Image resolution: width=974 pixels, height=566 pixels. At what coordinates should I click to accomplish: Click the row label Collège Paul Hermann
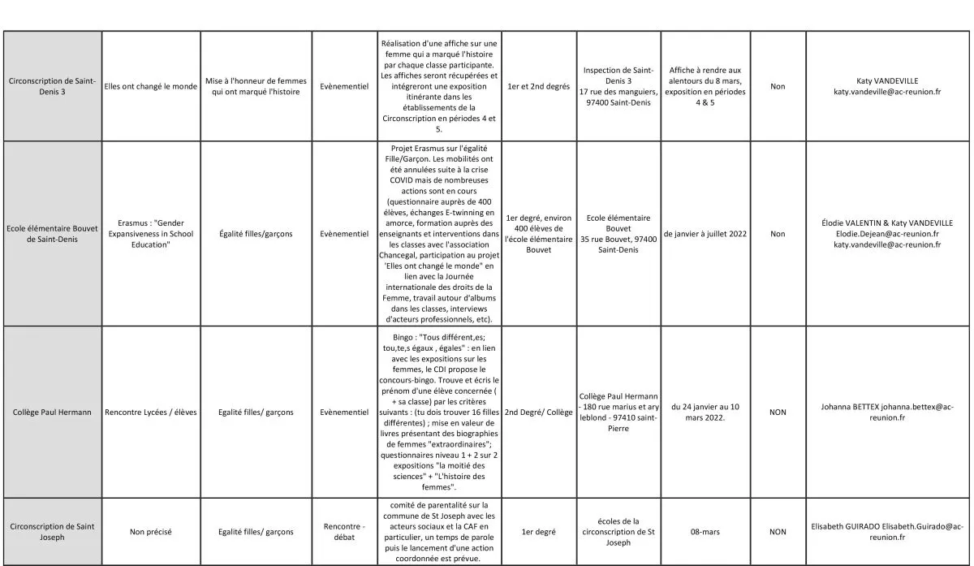tap(52, 413)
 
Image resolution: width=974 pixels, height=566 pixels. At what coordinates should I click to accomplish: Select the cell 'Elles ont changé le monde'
tap(151, 86)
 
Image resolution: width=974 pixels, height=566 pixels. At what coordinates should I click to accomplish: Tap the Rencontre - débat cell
tap(344, 532)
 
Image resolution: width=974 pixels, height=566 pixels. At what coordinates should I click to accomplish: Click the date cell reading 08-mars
tap(705, 532)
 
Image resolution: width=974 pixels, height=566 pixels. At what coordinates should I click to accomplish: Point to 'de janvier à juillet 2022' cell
tap(705, 234)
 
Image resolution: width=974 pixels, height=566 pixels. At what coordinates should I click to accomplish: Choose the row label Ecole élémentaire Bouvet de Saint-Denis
tap(52, 234)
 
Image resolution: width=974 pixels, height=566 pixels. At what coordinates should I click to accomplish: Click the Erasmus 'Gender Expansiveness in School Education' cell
tap(151, 234)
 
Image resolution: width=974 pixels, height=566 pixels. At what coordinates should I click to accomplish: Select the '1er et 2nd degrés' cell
tap(538, 86)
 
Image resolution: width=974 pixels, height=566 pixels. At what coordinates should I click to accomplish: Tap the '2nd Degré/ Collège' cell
tap(538, 413)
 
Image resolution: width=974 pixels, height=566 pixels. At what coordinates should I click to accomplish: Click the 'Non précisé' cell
tap(151, 532)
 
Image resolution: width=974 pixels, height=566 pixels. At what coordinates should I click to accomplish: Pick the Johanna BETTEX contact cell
tap(887, 413)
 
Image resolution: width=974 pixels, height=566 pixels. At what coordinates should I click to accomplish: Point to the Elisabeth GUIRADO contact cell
tap(887, 532)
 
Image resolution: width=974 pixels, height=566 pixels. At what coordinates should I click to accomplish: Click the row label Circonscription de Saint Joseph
tap(52, 532)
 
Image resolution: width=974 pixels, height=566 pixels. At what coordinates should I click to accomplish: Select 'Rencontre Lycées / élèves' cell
tap(151, 413)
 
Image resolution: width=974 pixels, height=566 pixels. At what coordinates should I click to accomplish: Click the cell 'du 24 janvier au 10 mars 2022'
tap(705, 413)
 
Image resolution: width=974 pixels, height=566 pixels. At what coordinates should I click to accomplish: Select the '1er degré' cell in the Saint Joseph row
tap(538, 532)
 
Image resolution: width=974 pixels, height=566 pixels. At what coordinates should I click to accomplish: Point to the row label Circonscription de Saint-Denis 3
tap(52, 86)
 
